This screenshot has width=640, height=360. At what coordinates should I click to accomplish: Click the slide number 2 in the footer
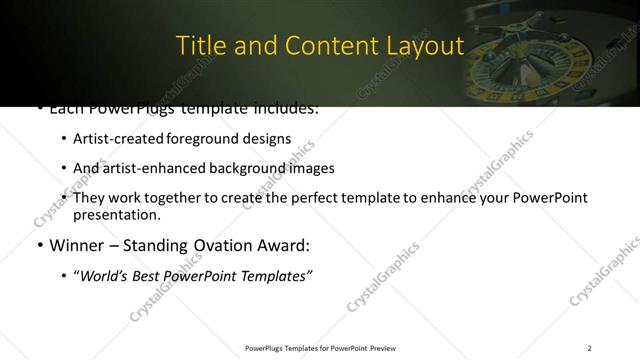tap(589, 348)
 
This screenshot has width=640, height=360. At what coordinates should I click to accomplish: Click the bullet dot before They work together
tap(65, 198)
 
